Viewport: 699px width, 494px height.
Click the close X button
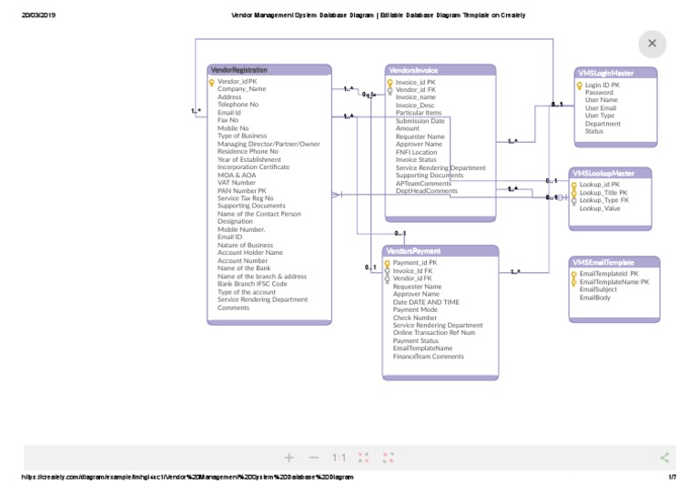[x=652, y=44]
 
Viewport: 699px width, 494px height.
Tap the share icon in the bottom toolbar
[x=664, y=458]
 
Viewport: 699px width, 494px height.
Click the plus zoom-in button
[x=289, y=458]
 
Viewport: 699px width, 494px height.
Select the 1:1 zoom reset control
[x=339, y=458]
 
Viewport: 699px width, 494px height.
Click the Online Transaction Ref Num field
[x=434, y=333]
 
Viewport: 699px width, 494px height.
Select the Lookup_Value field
[x=600, y=208]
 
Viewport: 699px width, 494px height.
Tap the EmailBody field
[x=595, y=297]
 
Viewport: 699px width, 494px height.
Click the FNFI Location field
[x=422, y=152]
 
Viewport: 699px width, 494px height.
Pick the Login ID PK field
[x=602, y=85]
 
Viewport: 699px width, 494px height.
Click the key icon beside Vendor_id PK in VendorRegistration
[x=211, y=82]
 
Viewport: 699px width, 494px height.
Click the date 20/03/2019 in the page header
[x=38, y=15]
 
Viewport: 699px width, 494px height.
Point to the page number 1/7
[x=672, y=477]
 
